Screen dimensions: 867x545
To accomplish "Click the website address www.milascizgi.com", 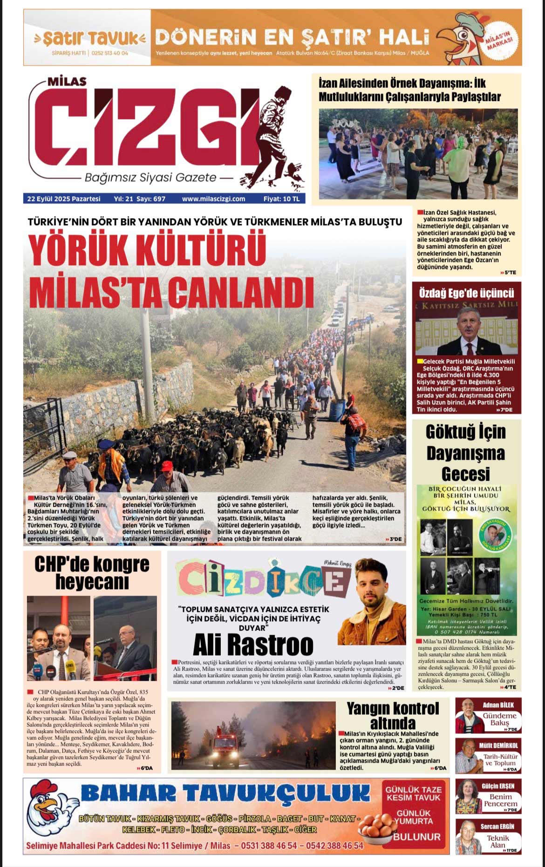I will pyautogui.click(x=213, y=199).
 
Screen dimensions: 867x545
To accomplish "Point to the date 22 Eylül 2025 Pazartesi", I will pyautogui.click(x=64, y=199).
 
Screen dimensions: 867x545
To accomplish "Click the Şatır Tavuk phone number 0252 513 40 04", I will pyautogui.click(x=110, y=53).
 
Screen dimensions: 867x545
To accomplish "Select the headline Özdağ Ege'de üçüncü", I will pyautogui.click(x=466, y=293).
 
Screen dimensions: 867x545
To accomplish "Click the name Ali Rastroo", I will pyautogui.click(x=253, y=645).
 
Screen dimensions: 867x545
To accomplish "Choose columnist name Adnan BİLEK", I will pyautogui.click(x=498, y=705).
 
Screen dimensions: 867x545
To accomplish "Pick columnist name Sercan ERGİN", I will pyautogui.click(x=497, y=827).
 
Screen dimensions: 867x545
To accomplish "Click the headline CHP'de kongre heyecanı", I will pyautogui.click(x=92, y=573).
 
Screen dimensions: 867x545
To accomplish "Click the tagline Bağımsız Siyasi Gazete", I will pyautogui.click(x=150, y=177).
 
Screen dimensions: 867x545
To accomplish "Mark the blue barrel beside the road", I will pyautogui.click(x=337, y=410).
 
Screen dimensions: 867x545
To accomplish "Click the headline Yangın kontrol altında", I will pyautogui.click(x=393, y=716).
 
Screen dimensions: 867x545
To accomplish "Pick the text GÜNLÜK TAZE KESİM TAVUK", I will pyautogui.click(x=413, y=793).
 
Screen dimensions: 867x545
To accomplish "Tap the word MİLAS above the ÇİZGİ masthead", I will pyautogui.click(x=67, y=81).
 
